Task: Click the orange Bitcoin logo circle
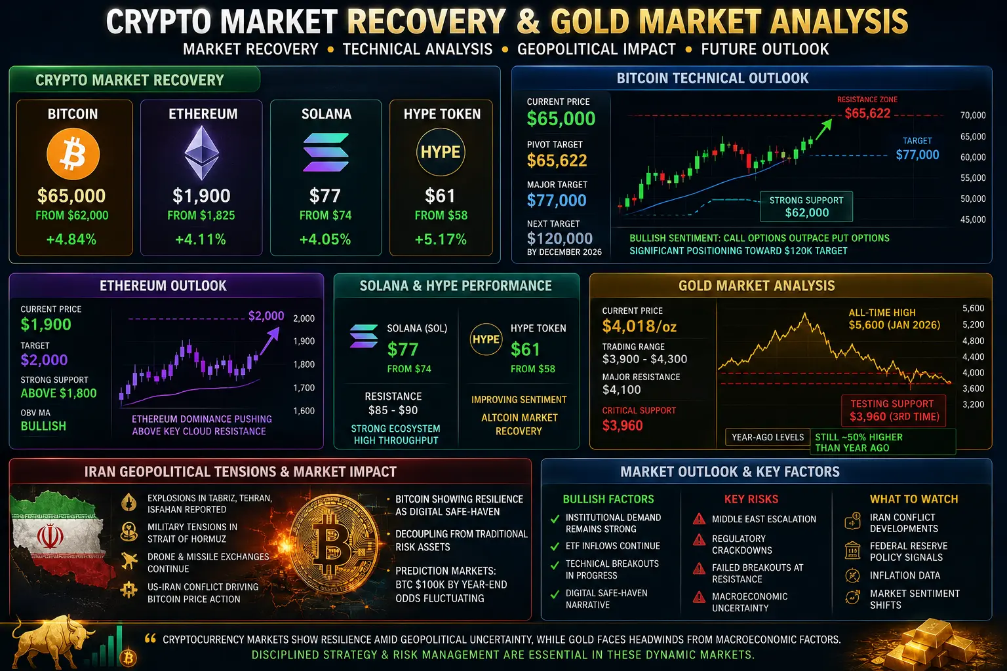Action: click(73, 154)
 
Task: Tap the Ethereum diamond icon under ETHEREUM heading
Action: click(202, 153)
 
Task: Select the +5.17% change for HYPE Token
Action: click(441, 239)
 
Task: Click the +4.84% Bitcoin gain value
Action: click(71, 239)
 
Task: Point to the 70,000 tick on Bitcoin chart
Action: click(973, 115)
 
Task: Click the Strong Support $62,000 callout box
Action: click(806, 206)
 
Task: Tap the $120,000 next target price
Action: click(560, 239)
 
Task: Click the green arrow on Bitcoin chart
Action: click(823, 130)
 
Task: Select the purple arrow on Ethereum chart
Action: click(269, 341)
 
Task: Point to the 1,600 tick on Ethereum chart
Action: click(304, 411)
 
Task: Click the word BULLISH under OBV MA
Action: click(44, 426)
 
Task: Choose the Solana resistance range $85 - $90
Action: click(393, 410)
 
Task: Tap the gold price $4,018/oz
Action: click(639, 326)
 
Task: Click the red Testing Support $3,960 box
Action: click(894, 410)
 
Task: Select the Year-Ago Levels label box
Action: click(768, 437)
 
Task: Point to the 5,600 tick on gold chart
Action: click(974, 309)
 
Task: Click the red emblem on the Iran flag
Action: click(50, 537)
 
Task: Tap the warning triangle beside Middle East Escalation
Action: click(699, 519)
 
